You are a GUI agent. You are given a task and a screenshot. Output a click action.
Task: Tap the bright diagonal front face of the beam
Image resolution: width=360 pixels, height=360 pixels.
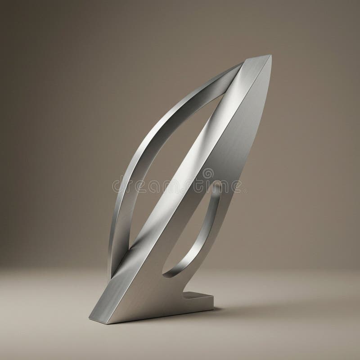pyautogui.click(x=189, y=180)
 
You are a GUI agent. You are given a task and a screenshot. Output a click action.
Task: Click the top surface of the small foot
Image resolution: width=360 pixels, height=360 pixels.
pyautogui.click(x=198, y=296)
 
